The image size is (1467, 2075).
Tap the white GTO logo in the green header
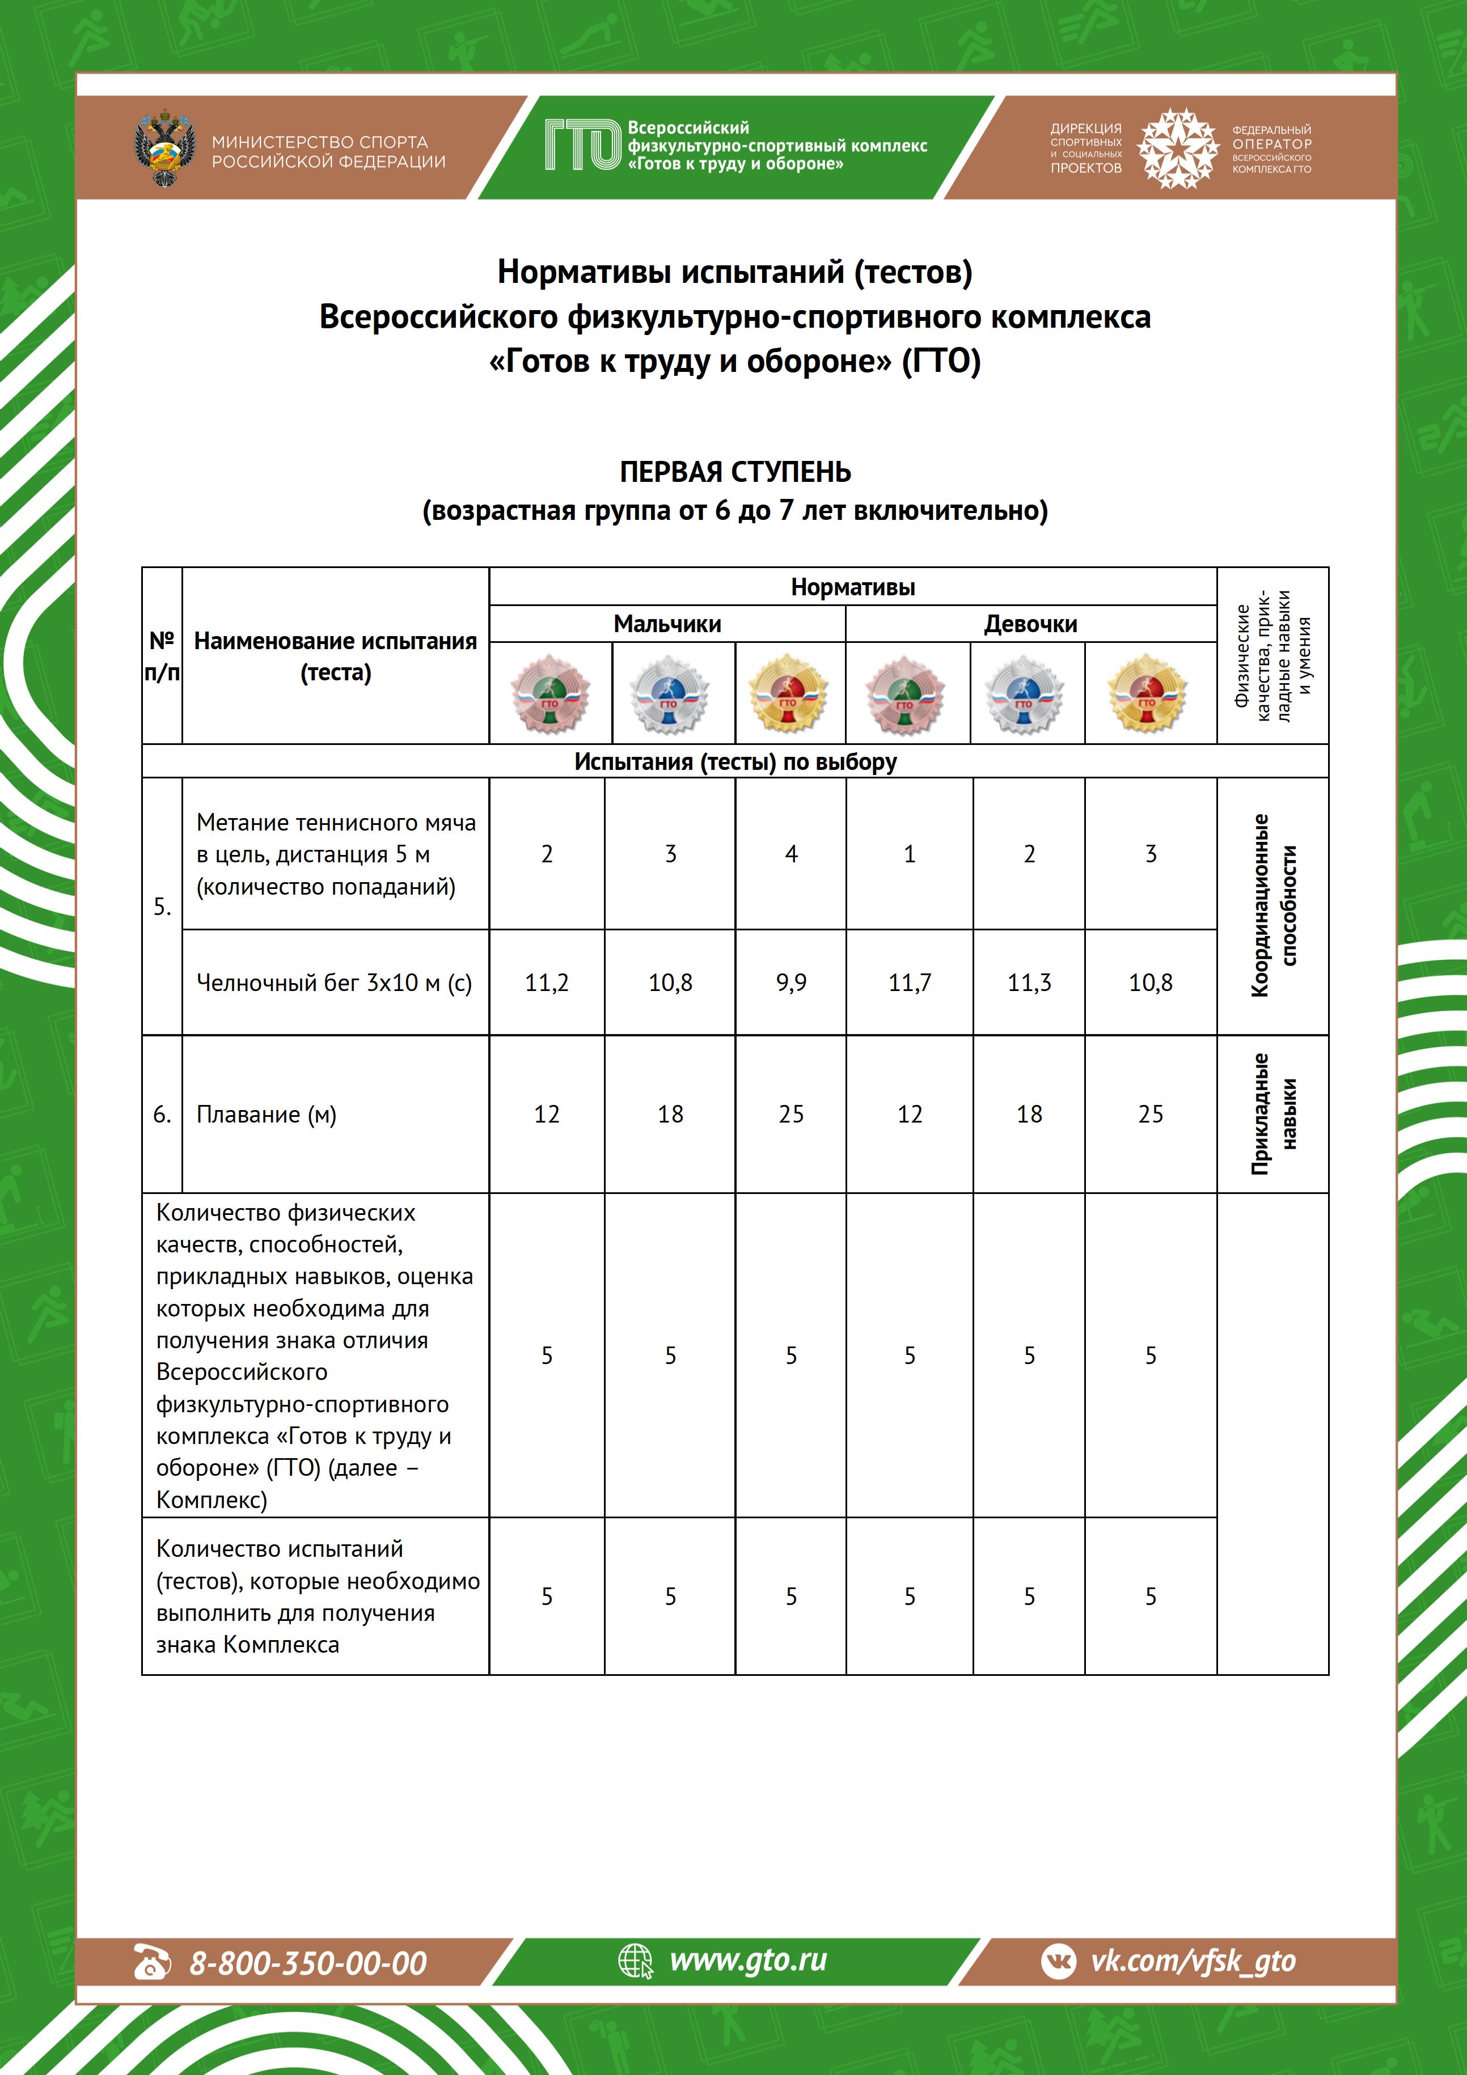583,146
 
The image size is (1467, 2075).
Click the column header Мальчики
667,624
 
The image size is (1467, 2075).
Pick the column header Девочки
1030,624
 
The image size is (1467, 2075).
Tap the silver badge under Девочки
1024,694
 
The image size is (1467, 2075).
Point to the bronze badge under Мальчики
549,694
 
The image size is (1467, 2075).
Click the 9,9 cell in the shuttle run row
791,983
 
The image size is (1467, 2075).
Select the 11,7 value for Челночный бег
910,983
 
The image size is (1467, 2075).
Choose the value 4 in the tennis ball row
791,854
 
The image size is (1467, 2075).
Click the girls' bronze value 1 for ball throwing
910,854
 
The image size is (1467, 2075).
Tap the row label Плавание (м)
267,1114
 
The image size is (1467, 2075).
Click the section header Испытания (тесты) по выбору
735,762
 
